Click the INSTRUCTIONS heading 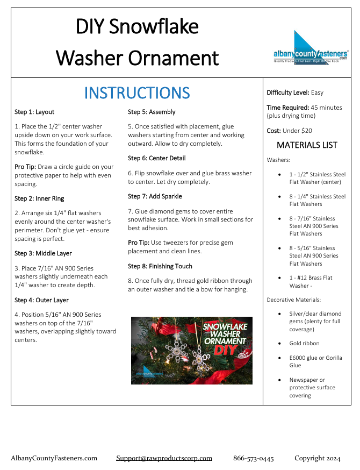click(x=137, y=93)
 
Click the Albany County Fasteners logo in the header click(x=311, y=49)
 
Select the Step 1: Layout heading click(x=34, y=112)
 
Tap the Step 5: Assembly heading click(x=152, y=112)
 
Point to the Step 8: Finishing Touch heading click(x=160, y=266)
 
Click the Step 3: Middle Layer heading click(x=43, y=253)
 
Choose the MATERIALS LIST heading click(x=307, y=145)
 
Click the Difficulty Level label click(x=288, y=92)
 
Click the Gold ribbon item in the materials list click(x=304, y=343)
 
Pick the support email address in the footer click(x=164, y=458)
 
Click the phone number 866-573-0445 click(x=253, y=458)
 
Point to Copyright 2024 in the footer click(x=317, y=458)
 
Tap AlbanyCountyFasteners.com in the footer click(x=54, y=458)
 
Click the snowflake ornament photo click(x=192, y=350)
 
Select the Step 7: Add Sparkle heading click(x=155, y=196)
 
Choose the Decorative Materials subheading click(x=293, y=300)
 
